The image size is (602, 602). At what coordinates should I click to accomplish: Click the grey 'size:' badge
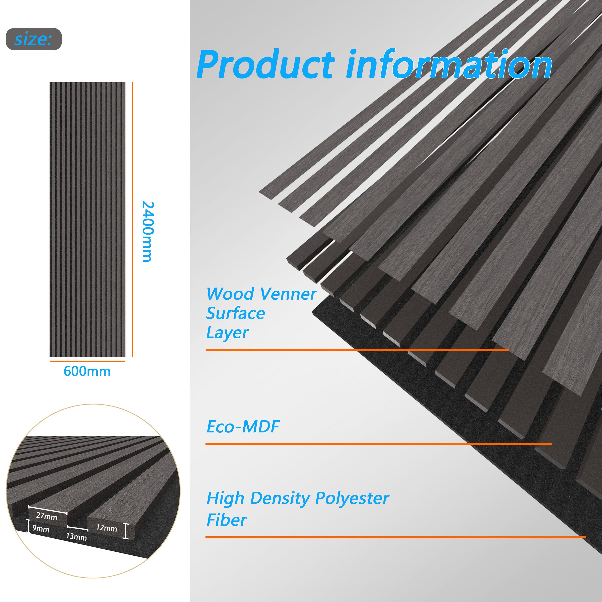[x=34, y=39]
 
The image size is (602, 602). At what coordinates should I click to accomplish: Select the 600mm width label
[x=87, y=371]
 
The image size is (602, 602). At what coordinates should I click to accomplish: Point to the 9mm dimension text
[x=41, y=529]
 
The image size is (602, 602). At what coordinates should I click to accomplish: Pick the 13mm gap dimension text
[x=76, y=537]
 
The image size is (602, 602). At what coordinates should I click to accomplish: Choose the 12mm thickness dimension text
[x=106, y=528]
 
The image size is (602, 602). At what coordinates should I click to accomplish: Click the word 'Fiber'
[x=227, y=520]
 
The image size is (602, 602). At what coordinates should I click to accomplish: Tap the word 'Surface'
[x=235, y=313]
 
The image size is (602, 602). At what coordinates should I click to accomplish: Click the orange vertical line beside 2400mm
[x=132, y=220]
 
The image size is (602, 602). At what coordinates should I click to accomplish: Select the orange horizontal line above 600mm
[x=87, y=361]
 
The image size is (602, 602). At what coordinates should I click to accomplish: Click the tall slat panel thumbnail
[x=87, y=220]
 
